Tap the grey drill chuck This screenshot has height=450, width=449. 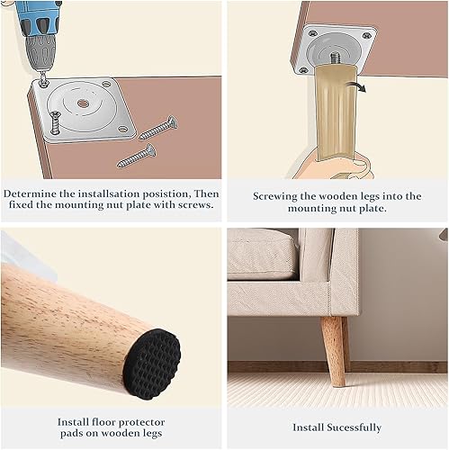point(40,52)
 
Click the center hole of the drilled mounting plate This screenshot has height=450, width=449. point(83,104)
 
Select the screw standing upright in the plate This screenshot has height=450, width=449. point(55,122)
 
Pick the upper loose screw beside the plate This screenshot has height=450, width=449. point(158,128)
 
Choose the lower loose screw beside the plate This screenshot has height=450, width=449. point(137,156)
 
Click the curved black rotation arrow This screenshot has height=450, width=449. point(356,86)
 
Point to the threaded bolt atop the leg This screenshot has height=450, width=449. point(336,58)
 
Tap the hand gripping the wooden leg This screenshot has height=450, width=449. point(336,167)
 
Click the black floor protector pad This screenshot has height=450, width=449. point(152,364)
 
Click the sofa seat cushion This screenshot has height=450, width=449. point(262,254)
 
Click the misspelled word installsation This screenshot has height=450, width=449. point(109,193)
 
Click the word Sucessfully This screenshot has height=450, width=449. point(355,427)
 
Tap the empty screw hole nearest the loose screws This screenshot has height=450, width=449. point(122,129)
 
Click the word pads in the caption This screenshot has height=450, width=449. point(71,434)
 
